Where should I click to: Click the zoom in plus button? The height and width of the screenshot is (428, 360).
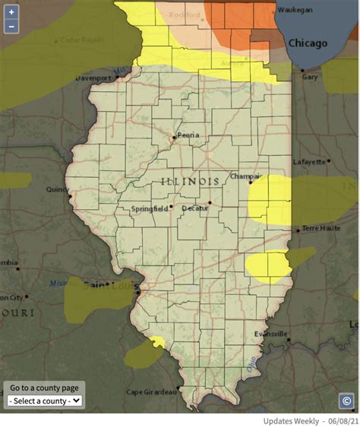coord(11,12)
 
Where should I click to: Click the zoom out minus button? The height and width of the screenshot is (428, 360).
coord(11,27)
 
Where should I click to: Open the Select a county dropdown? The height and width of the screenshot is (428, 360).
coord(45,401)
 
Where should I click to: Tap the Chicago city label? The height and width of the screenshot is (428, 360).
coord(308,43)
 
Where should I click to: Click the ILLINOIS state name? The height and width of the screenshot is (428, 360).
coord(191,181)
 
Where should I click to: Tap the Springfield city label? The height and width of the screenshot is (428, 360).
coord(149,208)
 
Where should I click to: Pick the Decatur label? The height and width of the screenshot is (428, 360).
coord(195,208)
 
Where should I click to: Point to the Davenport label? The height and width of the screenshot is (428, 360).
coord(93,78)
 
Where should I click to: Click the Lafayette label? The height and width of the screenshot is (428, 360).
coord(312,161)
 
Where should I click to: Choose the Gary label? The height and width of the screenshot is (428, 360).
coord(310,78)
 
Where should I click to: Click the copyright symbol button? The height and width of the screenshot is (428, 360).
coord(346,400)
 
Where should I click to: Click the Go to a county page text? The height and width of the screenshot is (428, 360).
coord(44,388)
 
